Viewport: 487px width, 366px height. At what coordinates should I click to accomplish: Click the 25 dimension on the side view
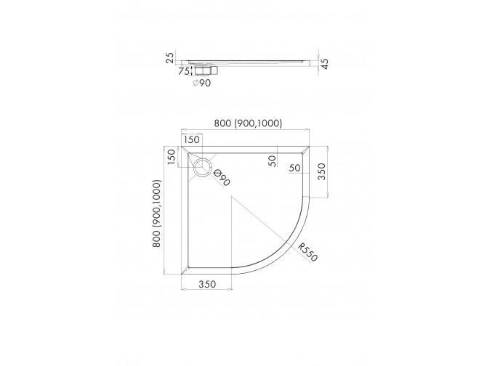pyautogui.click(x=169, y=57)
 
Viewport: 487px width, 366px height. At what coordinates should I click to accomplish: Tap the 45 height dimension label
pyautogui.click(x=326, y=65)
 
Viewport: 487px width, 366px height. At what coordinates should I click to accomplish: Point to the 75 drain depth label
pyautogui.click(x=183, y=70)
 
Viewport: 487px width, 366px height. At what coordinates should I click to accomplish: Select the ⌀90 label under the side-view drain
pyautogui.click(x=201, y=83)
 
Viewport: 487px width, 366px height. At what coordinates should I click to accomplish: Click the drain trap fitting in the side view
pyautogui.click(x=203, y=70)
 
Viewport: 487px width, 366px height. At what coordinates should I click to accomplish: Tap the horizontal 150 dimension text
pyautogui.click(x=192, y=139)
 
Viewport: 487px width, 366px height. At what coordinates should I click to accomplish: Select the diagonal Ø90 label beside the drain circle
pyautogui.click(x=222, y=176)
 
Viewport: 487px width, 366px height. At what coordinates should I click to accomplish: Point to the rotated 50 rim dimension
pyautogui.click(x=272, y=160)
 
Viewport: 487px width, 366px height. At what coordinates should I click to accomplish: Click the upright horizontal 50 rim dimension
pyautogui.click(x=295, y=168)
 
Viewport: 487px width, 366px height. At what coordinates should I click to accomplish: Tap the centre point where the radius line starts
pyautogui.click(x=231, y=198)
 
